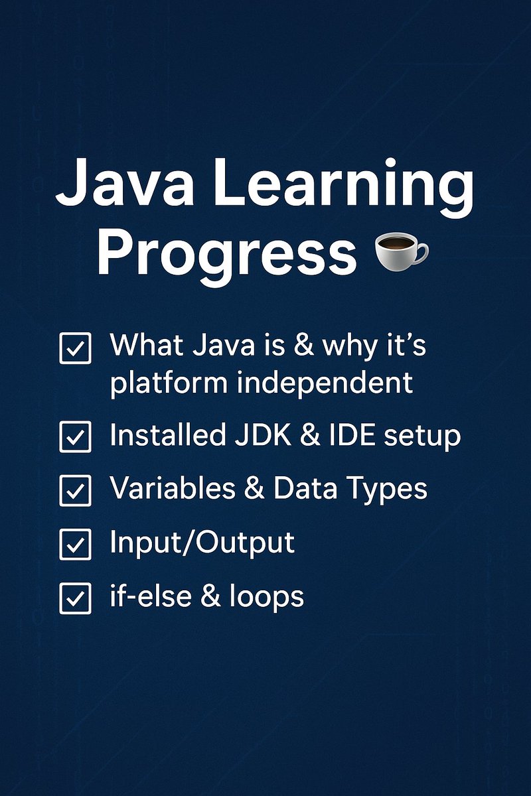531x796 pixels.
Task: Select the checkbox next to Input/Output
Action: (x=75, y=545)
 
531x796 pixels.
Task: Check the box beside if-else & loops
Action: (x=75, y=599)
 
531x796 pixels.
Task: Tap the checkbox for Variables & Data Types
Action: (x=75, y=491)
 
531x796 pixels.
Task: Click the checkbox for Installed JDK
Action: (x=75, y=437)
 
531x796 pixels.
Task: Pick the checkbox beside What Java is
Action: (x=75, y=348)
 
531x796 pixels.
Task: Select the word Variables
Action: (x=173, y=490)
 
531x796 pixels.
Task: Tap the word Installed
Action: (x=167, y=436)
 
